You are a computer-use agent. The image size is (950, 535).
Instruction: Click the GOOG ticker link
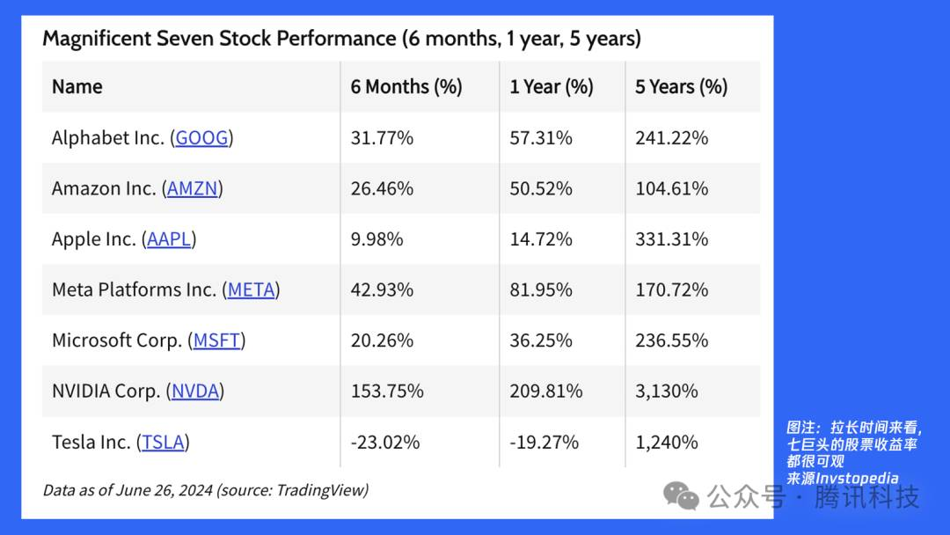(x=201, y=138)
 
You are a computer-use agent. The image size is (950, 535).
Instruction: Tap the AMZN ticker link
(x=192, y=189)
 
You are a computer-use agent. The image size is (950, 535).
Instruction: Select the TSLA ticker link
(x=163, y=443)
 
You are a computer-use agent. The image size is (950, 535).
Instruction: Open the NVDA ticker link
(x=195, y=392)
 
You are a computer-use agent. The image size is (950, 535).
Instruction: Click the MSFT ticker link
(x=217, y=341)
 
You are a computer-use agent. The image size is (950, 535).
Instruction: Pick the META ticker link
(x=251, y=290)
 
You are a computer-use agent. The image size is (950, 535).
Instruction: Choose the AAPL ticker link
(x=169, y=239)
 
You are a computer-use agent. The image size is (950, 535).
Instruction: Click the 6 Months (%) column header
(x=406, y=86)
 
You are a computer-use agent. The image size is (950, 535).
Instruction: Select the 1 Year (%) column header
(x=552, y=86)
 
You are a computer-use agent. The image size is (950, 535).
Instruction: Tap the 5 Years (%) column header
(x=681, y=86)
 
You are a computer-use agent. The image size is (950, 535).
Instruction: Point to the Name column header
(x=77, y=86)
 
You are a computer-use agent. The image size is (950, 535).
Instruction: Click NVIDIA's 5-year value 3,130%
(x=667, y=392)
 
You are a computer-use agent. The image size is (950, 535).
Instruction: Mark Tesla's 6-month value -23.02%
(x=385, y=443)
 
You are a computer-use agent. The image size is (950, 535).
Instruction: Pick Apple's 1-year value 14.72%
(x=541, y=239)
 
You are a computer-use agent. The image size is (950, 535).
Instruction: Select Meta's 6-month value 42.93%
(x=382, y=290)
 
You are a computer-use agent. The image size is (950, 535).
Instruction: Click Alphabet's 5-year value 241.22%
(x=671, y=138)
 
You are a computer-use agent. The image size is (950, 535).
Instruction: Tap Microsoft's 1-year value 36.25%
(x=541, y=341)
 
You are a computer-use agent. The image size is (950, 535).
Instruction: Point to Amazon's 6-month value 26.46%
(x=382, y=189)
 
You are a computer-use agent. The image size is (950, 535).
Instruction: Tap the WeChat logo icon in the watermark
(x=681, y=495)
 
